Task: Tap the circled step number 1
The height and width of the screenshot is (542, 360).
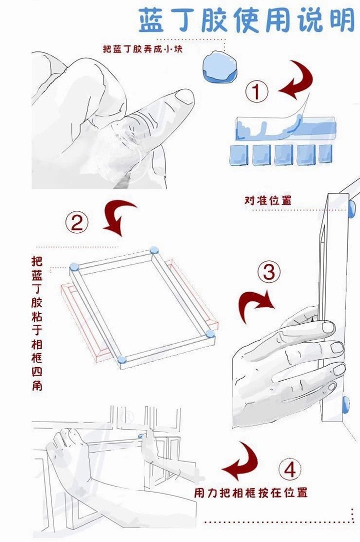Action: point(256,92)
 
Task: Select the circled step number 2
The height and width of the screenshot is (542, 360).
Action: point(77,222)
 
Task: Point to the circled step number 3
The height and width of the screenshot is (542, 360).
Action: point(269,272)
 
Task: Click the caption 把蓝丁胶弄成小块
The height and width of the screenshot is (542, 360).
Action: point(142,49)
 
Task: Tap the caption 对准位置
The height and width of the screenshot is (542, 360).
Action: point(268,200)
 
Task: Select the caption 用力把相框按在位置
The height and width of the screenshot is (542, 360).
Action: point(250,492)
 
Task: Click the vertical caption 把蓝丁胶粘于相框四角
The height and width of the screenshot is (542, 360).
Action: point(37,323)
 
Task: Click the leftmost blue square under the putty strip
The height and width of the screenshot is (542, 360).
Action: point(239,154)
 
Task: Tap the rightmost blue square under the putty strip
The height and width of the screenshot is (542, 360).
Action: point(325,153)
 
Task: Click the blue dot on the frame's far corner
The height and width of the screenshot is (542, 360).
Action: point(154,250)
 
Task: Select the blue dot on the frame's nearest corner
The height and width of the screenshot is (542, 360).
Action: point(121,360)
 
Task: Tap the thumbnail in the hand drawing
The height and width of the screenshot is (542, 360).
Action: point(183,96)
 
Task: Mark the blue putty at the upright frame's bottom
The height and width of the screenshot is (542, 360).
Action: point(345,405)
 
